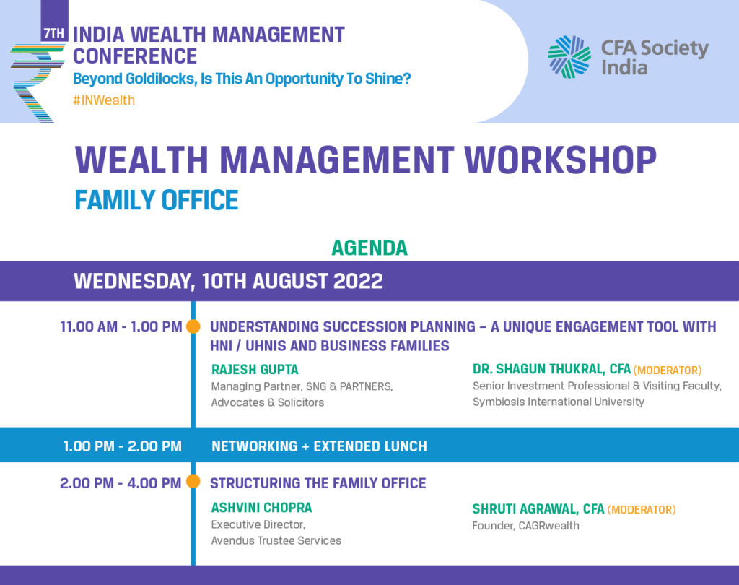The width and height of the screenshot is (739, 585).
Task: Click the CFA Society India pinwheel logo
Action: (x=569, y=56)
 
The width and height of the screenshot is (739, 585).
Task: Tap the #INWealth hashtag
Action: (x=104, y=100)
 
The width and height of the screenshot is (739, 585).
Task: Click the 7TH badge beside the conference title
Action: (x=54, y=33)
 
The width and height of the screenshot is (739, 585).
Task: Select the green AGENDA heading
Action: (x=369, y=248)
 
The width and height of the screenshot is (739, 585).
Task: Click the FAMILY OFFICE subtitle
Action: (x=157, y=200)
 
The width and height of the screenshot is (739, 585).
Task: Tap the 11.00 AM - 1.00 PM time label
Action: (x=121, y=326)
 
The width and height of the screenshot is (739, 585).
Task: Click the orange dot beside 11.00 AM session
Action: (x=193, y=326)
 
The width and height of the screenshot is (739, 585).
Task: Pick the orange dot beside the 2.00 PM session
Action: (x=193, y=481)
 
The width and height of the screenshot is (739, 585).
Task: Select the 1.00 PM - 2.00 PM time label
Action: (x=123, y=446)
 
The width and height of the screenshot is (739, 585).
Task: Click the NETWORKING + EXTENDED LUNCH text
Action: (x=319, y=446)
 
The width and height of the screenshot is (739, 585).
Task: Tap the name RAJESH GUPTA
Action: (x=255, y=369)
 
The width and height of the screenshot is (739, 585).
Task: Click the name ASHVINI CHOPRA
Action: (x=261, y=508)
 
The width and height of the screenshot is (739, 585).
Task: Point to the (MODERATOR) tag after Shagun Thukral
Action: (x=668, y=370)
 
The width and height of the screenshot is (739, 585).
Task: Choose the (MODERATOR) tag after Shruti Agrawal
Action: (x=642, y=509)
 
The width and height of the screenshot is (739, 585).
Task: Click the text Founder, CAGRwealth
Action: (x=525, y=526)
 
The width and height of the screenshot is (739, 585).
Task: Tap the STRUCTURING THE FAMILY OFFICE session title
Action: (x=318, y=483)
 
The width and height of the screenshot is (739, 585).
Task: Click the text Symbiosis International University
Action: (x=559, y=402)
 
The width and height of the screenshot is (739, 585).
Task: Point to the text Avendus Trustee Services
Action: (x=276, y=541)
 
